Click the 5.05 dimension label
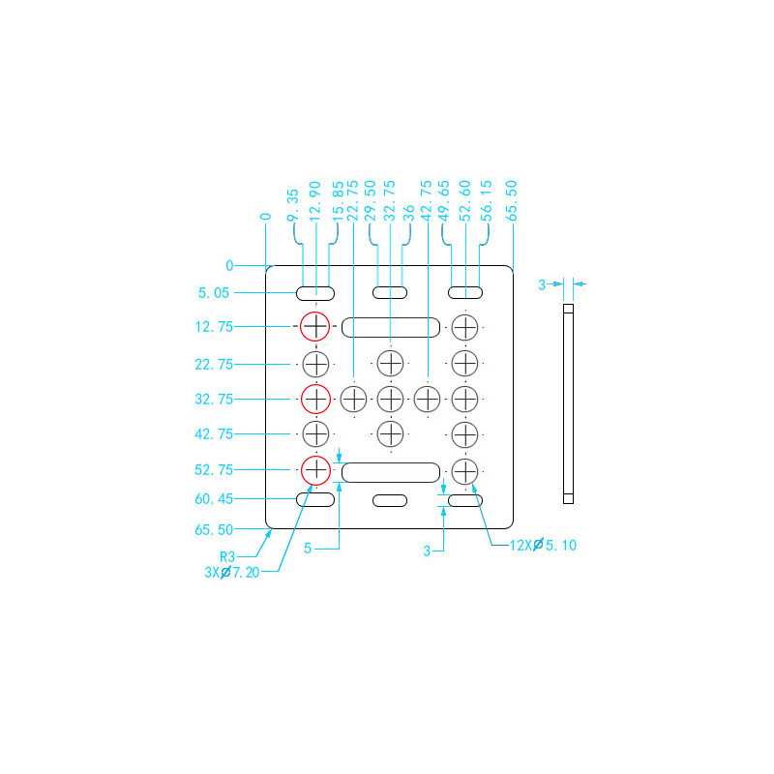tap(215, 292)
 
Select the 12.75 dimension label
tap(213, 327)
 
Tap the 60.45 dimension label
tap(213, 499)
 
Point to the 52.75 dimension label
tap(213, 470)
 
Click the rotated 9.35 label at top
tap(293, 206)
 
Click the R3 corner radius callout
tap(227, 557)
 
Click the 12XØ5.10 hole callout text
tap(543, 545)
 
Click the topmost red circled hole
tap(315, 327)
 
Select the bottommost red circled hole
tap(315, 470)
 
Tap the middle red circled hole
tap(315, 398)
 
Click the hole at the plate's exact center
tap(390, 398)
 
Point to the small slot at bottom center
tap(390, 500)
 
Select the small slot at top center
tap(390, 292)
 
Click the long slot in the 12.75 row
tap(390, 327)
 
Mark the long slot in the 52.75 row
tap(390, 472)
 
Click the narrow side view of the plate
tap(568, 404)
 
